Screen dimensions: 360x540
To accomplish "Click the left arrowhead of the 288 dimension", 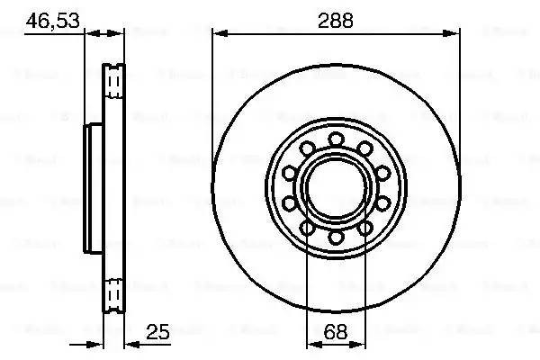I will point(218,35).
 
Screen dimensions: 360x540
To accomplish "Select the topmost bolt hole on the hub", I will point(336,139).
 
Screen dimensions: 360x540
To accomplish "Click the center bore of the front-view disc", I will point(336,187).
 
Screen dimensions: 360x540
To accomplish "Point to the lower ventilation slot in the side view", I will point(114,294).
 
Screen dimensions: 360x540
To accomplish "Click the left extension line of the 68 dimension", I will point(307,288).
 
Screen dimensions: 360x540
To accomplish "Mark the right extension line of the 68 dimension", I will point(364,288).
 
